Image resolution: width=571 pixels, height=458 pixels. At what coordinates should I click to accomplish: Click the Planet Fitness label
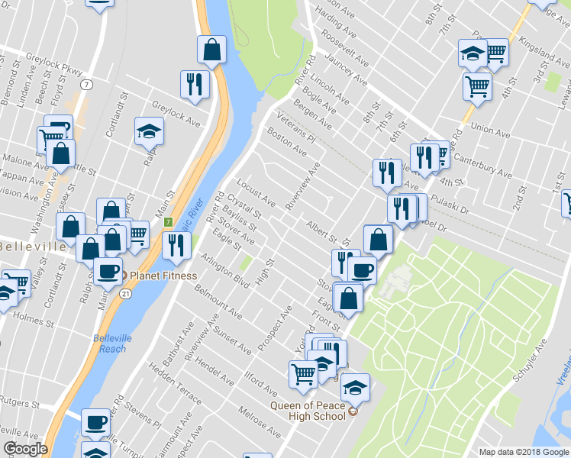(163, 276)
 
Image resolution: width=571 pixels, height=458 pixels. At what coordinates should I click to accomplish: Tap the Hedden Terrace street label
(176, 388)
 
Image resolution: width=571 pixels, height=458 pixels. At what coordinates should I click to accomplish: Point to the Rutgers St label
(18, 402)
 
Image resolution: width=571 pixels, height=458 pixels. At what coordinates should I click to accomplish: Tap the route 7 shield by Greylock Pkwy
(89, 82)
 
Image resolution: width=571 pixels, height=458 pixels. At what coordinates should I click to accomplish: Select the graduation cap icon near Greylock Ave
(150, 131)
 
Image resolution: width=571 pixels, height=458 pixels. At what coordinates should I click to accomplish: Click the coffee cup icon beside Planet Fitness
(108, 270)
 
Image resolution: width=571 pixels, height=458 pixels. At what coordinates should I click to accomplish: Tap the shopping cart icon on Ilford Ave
(303, 373)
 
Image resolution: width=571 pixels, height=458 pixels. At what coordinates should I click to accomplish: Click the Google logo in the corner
(25, 449)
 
